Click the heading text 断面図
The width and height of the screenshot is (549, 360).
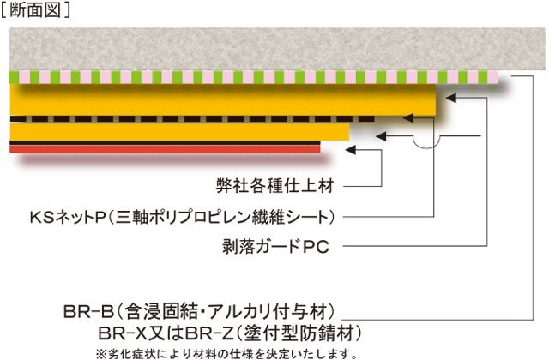pyautogui.click(x=40, y=10)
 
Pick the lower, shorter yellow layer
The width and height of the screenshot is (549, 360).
pyautogui.click(x=172, y=131)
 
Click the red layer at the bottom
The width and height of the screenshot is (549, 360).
pyautogui.click(x=163, y=148)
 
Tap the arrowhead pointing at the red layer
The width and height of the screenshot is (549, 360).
pyautogui.click(x=350, y=149)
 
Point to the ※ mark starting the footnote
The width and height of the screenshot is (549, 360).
pyautogui.click(x=101, y=351)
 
